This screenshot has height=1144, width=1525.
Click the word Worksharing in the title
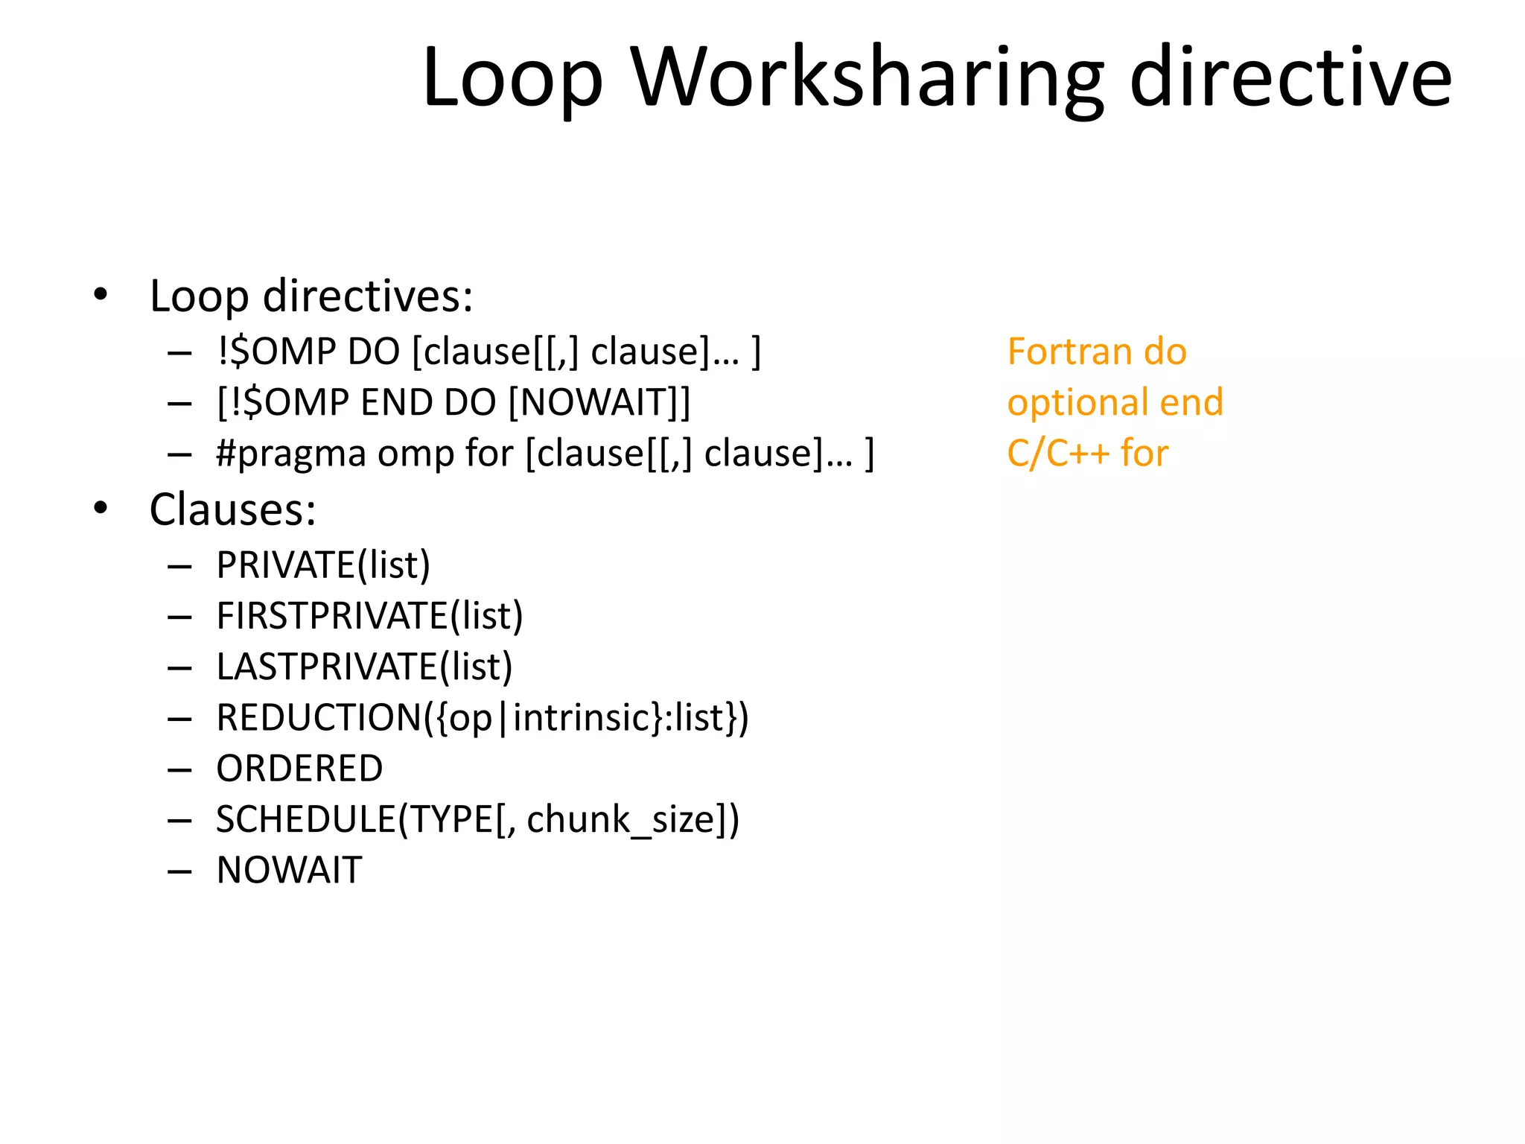point(867,78)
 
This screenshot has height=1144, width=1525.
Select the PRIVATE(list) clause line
point(323,565)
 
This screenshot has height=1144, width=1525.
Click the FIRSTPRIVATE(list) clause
point(369,616)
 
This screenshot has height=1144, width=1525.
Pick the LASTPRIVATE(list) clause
point(364,667)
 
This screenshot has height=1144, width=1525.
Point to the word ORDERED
point(299,769)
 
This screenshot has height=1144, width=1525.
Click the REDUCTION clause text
point(483,718)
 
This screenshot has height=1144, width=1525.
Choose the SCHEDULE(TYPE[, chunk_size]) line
point(477,819)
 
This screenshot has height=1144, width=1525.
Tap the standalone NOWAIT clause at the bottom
point(289,870)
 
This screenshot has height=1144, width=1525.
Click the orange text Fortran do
point(1096,352)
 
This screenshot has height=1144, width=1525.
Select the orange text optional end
point(1115,402)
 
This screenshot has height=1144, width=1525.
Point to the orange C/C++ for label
point(1087,453)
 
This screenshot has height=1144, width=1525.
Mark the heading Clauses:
point(232,510)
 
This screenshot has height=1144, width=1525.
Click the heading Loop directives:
point(311,296)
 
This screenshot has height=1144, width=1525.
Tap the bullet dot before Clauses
point(101,509)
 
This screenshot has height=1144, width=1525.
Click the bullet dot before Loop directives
point(101,295)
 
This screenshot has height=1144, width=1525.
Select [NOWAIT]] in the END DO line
point(599,403)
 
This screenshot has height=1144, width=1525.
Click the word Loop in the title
point(512,78)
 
